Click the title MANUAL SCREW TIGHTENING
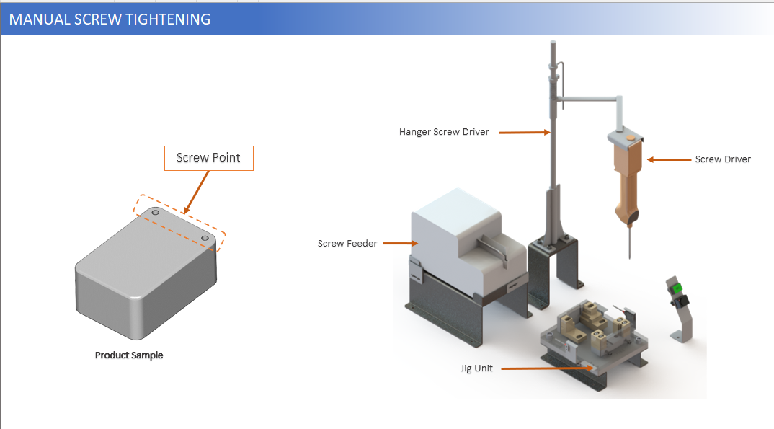pyautogui.click(x=110, y=19)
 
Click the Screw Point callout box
pyautogui.click(x=209, y=158)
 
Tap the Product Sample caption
pyautogui.click(x=129, y=355)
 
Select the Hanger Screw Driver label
pyautogui.click(x=444, y=132)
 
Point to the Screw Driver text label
pyautogui.click(x=723, y=159)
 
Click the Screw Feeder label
pyautogui.click(x=347, y=244)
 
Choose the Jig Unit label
pyautogui.click(x=477, y=368)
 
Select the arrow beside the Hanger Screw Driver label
pyautogui.click(x=524, y=132)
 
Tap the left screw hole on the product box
pyautogui.click(x=155, y=213)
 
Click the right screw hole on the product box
pyautogui.click(x=205, y=238)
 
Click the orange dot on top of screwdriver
pyautogui.click(x=631, y=135)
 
